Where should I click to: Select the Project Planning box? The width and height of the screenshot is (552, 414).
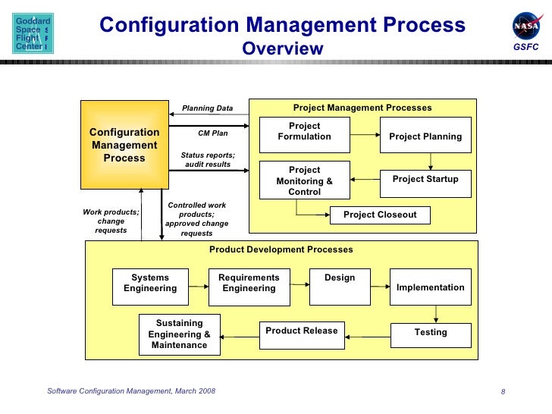coord(425,136)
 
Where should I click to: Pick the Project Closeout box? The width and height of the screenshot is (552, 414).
coord(380,215)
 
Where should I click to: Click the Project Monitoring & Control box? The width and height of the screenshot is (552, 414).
coord(305,180)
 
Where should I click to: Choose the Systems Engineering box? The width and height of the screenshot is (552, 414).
coord(150,287)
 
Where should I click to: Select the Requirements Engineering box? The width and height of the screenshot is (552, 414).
coord(249,287)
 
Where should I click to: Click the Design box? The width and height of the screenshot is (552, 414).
coord(340,287)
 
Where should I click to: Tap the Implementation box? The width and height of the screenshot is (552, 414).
coord(430,287)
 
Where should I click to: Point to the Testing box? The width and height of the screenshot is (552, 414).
coord(430,334)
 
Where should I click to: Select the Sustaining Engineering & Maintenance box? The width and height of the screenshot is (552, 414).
coord(179,334)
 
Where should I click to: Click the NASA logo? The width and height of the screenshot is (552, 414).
coord(526,27)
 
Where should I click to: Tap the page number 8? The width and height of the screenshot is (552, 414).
coord(503,391)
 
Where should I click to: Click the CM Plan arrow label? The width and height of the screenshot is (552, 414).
coord(213,133)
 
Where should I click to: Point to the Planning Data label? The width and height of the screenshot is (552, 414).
coord(208,108)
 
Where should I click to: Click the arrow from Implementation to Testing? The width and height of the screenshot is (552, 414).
coord(436,314)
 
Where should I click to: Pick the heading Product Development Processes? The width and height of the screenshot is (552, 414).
coord(281,249)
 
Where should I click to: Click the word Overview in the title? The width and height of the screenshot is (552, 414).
coord(282,49)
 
